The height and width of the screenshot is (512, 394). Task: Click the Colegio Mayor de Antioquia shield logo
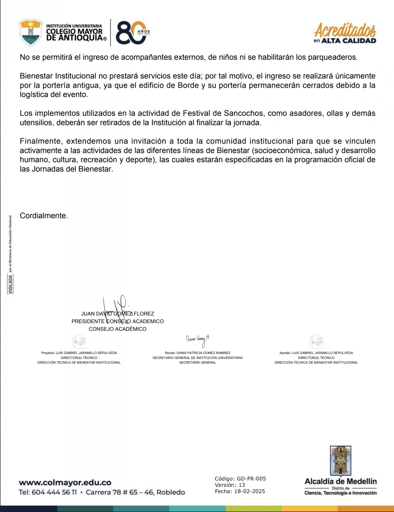coord(31,33)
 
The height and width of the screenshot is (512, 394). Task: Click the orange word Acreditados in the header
coord(345,30)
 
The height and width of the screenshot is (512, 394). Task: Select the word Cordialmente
coord(44,215)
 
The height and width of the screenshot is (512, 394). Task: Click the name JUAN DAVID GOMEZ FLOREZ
coord(117,314)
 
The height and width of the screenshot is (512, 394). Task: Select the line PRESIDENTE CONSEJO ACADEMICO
coord(117,321)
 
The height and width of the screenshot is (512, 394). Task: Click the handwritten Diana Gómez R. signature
coord(198,340)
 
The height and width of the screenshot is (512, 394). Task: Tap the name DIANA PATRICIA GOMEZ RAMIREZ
coord(203,353)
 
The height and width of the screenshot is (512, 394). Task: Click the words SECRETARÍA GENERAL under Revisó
coord(197,362)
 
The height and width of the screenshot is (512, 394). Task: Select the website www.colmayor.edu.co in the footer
coord(65,483)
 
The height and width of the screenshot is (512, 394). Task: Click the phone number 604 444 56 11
coord(54,492)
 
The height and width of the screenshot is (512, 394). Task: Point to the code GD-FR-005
coord(251,479)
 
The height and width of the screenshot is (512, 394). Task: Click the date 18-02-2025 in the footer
coord(249,491)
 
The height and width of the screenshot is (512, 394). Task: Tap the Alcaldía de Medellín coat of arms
coord(340,461)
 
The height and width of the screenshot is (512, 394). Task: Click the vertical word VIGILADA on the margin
coord(10,284)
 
